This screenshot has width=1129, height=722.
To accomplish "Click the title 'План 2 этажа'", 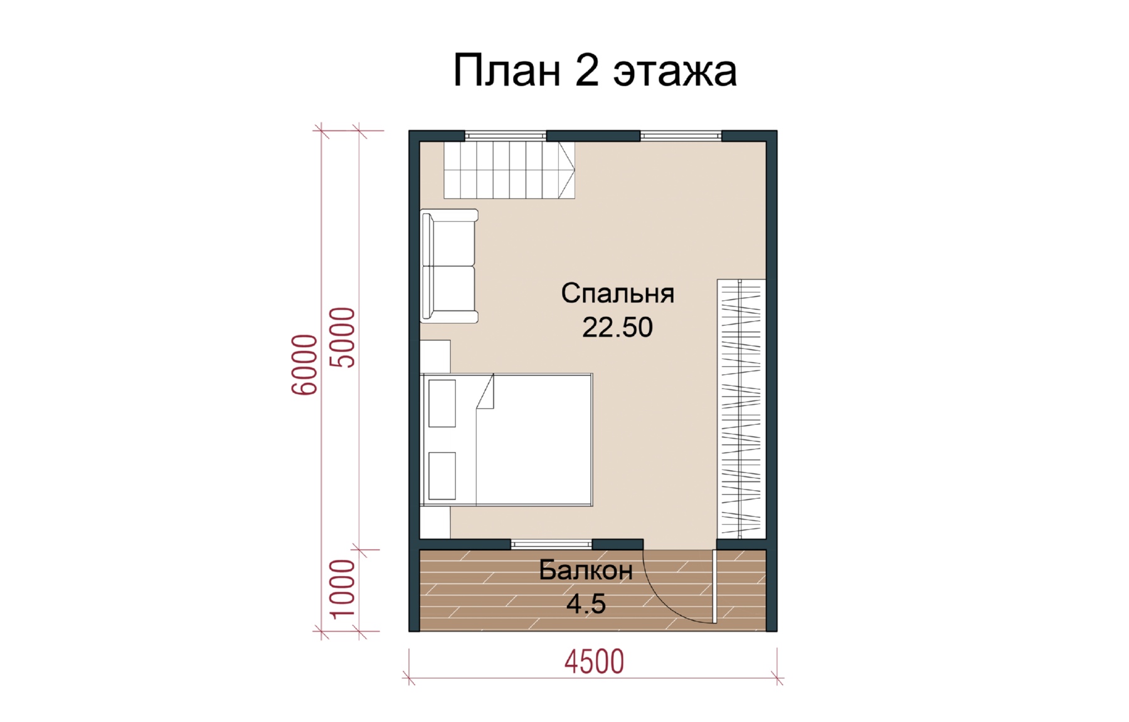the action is pos(595,70).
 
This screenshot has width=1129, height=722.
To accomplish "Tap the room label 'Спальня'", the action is pos(617,293).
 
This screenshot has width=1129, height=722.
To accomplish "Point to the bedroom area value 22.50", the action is pos(617,327).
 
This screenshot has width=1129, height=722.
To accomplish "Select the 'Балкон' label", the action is pos(586,570).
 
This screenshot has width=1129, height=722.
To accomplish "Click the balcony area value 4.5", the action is pos(586,604).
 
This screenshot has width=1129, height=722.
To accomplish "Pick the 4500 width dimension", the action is pos(594,662).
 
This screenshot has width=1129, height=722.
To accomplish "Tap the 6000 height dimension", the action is pos(305,364).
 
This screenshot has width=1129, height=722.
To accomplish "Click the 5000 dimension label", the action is pos(342,337).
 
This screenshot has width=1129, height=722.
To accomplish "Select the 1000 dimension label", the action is pos(342,589).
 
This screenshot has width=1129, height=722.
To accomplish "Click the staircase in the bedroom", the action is pos(509,170).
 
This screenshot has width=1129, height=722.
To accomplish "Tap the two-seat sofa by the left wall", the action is pos(449,266).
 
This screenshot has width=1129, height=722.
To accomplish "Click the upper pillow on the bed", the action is pos(442,404).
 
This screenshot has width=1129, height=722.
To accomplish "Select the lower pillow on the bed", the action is pos(442,476).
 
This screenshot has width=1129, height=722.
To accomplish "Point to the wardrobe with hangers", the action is pos(741,409).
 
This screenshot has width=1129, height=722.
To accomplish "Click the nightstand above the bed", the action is pos(435,357).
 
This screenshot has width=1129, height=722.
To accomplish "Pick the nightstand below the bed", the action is pos(435,522).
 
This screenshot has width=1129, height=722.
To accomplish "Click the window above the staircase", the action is pos(506,135).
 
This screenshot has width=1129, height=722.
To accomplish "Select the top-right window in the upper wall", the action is pos(681,135).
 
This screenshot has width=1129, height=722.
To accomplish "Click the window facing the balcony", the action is pos(551,544).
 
